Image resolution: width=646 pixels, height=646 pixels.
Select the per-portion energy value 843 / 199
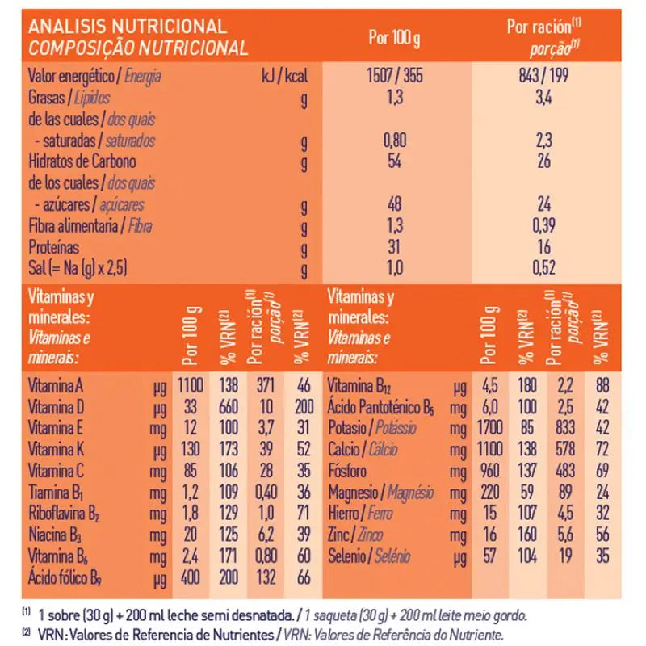coord(543,77)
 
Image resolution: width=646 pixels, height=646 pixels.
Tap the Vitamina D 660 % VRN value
coord(229,407)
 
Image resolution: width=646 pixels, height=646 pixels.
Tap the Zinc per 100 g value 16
coord(487,534)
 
